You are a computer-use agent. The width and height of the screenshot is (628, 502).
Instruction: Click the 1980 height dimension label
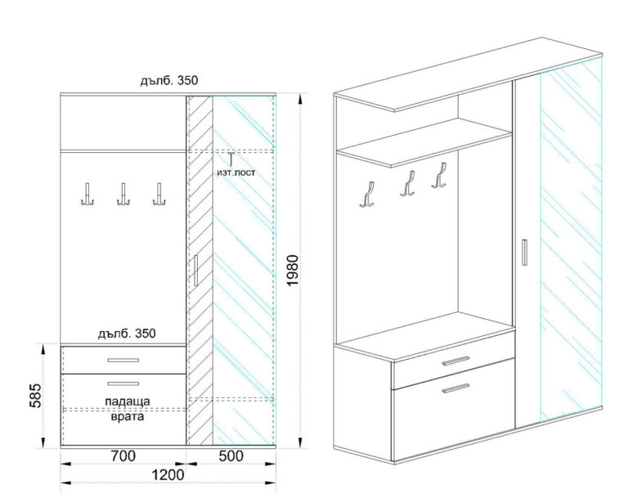pyautogui.click(x=293, y=271)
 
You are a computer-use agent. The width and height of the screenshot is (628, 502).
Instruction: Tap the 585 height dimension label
pyautogui.click(x=35, y=396)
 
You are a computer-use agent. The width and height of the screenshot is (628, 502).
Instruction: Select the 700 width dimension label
pyautogui.click(x=123, y=456)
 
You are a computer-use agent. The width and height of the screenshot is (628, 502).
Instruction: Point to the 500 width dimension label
pyautogui.click(x=231, y=456)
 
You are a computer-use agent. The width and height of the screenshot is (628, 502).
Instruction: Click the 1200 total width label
pyautogui.click(x=168, y=475)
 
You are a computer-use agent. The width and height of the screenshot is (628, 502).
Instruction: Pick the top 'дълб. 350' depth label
pyautogui.click(x=169, y=80)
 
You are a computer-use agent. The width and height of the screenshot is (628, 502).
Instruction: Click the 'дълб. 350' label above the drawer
pyautogui.click(x=127, y=334)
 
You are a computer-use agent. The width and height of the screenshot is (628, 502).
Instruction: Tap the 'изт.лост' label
pyautogui.click(x=235, y=173)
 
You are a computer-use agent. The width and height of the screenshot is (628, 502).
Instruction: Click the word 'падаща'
pyautogui.click(x=128, y=401)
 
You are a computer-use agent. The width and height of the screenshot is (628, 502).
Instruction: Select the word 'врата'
pyautogui.click(x=127, y=417)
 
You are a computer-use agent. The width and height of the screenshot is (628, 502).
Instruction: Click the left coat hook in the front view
pyautogui.click(x=87, y=195)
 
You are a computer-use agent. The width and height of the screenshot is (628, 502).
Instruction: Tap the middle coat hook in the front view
pyautogui.click(x=123, y=195)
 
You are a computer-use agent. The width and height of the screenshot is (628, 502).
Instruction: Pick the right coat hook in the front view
pyautogui.click(x=159, y=195)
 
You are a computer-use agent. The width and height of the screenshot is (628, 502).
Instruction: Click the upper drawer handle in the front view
pyautogui.click(x=123, y=361)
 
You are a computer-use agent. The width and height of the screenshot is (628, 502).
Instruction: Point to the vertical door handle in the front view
pyautogui.click(x=195, y=271)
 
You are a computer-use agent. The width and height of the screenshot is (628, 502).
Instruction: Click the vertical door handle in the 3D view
pyautogui.click(x=524, y=252)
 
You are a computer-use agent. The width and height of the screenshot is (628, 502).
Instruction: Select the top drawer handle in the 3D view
pyautogui.click(x=455, y=361)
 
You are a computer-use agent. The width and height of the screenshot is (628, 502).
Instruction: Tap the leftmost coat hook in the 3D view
pyautogui.click(x=368, y=195)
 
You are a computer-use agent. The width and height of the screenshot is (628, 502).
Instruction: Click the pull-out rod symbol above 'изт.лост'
pyautogui.click(x=231, y=159)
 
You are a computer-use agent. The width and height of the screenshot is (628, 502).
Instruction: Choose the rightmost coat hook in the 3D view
pyautogui.click(x=440, y=175)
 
